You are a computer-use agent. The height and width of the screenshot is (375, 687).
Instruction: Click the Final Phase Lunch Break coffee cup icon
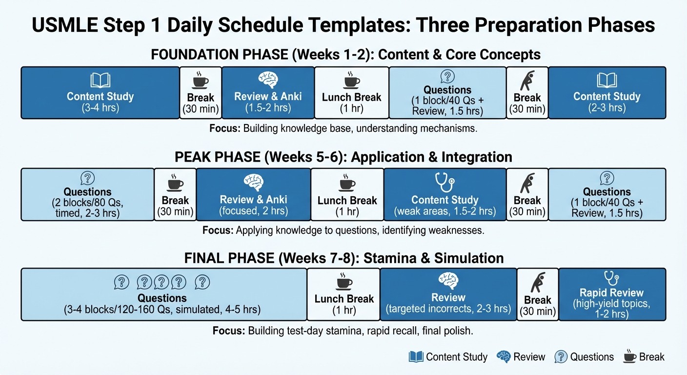(x=343, y=282)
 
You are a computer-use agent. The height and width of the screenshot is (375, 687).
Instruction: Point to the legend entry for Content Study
(x=448, y=357)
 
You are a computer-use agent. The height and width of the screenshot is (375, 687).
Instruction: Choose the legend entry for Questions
(x=584, y=357)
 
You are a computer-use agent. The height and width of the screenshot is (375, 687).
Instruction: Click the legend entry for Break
(x=644, y=357)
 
